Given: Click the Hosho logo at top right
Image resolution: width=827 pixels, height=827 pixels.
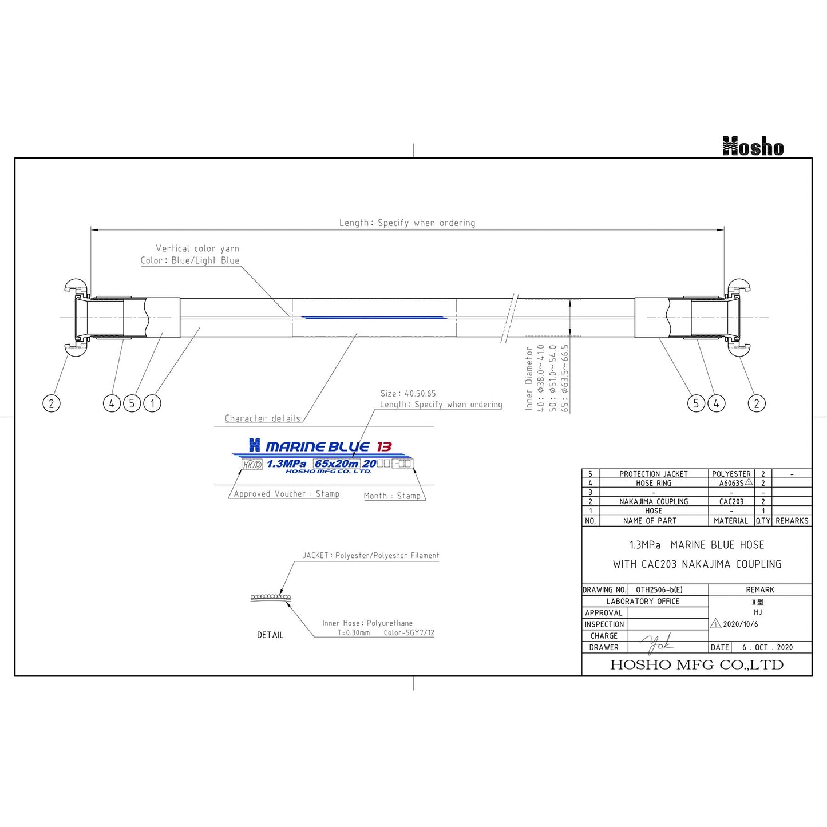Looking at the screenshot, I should pos(753,147).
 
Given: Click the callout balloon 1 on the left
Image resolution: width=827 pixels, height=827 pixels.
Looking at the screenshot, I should pos(152,403).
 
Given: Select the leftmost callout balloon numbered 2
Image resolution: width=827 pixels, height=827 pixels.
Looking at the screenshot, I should pos(52,403).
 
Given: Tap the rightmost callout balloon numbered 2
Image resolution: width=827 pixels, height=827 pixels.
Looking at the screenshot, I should pos(757,403).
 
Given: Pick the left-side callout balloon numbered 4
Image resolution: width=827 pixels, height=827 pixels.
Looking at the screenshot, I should pos(112,403).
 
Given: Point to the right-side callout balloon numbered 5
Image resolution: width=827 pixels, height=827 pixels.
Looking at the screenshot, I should pos(696,403).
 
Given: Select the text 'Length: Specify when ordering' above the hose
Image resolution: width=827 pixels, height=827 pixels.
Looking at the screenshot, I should pos(407,223).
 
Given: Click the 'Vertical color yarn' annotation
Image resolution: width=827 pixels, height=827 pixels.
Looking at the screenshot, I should pos(197,248).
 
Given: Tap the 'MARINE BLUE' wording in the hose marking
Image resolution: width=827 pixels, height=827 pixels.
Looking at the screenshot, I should pos(317,446).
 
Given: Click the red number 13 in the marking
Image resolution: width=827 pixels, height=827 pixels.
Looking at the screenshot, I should pos(384,446).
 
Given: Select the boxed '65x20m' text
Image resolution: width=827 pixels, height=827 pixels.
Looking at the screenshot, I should pos(337,464).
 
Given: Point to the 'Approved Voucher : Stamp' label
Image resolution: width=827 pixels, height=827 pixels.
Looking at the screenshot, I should pos(286,494).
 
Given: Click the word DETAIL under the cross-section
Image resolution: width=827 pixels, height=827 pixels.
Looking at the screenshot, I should pos(270,635).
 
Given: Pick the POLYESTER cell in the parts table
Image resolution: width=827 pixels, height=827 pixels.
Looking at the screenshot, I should pos(731,474).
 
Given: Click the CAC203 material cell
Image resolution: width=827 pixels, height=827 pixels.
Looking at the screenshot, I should pos(731,501).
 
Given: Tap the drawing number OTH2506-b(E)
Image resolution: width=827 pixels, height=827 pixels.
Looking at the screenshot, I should pos(659,589).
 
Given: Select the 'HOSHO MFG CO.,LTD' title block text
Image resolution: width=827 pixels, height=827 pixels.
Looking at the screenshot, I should pos(697,665).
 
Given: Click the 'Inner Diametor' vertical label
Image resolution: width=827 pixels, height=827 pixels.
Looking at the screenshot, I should pos(529,378).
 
